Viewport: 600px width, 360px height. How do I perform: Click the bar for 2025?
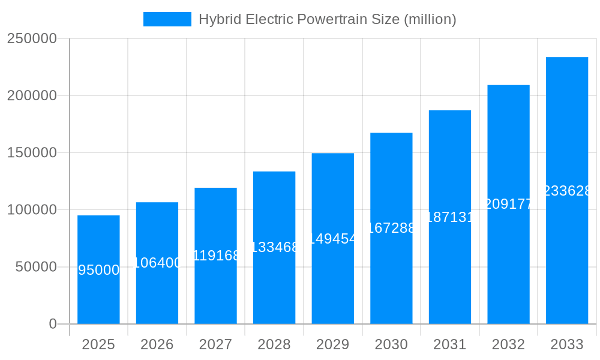(98, 300)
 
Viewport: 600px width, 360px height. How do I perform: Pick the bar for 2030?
(391, 276)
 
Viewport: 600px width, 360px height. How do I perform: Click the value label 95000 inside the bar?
(98, 270)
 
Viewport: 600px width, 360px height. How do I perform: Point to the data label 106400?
(157, 263)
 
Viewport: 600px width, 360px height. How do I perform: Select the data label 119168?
(215, 256)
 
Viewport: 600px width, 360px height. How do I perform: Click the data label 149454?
(333, 239)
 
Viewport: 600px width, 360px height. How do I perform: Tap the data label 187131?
(450, 217)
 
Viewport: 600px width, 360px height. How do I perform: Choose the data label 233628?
(567, 191)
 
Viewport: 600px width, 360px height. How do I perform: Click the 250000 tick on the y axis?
(32, 38)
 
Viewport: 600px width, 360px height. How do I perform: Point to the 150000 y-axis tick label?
(32, 152)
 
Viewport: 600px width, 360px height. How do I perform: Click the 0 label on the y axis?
(53, 324)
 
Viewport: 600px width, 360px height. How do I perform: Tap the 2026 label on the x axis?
(157, 344)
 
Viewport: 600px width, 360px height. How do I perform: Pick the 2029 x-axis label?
(333, 344)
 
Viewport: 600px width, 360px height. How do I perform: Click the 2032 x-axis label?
(508, 344)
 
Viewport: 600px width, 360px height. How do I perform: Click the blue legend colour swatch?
(167, 19)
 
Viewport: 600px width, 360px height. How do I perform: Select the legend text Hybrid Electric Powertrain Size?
(327, 19)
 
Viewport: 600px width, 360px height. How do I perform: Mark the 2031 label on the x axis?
(450, 344)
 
